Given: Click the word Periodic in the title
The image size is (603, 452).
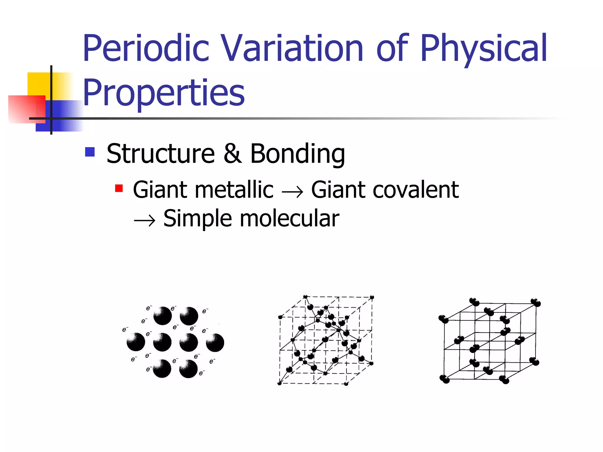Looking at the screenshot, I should point(146,49).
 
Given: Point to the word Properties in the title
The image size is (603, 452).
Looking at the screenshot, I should point(164,93).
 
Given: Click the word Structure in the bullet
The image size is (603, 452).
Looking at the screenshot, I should point(160,154).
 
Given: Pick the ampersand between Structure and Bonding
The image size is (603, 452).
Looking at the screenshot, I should point(233,154).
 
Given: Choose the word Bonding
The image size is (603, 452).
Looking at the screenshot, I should point(297,154).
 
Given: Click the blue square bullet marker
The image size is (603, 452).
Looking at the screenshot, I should point(90,152).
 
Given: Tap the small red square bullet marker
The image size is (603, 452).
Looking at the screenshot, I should point(119,188).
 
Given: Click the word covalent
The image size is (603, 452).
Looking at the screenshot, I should point(415,190).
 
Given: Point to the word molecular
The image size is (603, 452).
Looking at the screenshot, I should point(290,219).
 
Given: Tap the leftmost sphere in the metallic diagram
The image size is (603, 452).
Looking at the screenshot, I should point(136,342).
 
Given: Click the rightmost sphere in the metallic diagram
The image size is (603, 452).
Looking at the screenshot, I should point(215,343).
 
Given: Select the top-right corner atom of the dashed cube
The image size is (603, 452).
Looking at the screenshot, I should point(372,298).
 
